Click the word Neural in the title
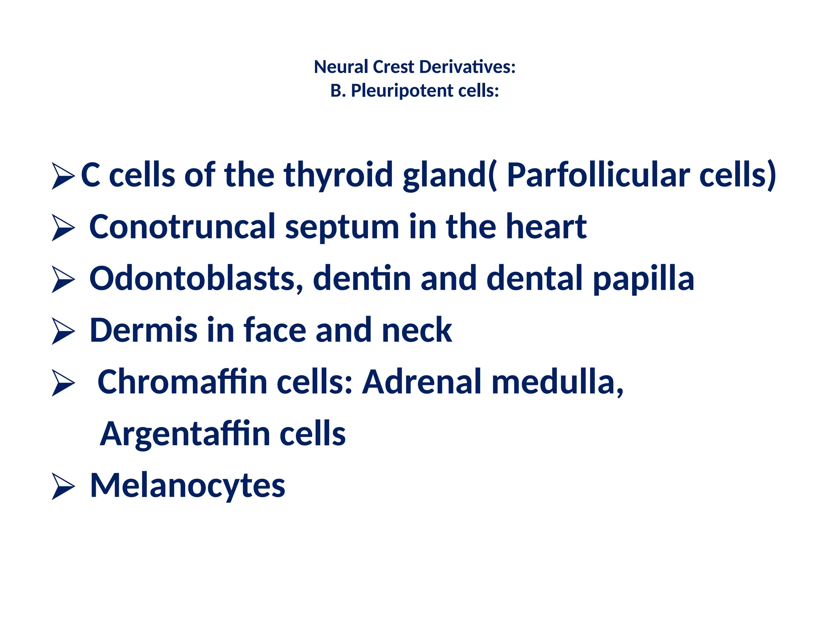(341, 67)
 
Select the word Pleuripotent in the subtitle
(402, 90)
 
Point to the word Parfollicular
(598, 175)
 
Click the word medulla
(557, 382)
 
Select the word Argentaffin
(185, 434)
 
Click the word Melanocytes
(188, 486)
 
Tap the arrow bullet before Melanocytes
(63, 487)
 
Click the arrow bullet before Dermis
(63, 331)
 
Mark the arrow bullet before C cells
(63, 176)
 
